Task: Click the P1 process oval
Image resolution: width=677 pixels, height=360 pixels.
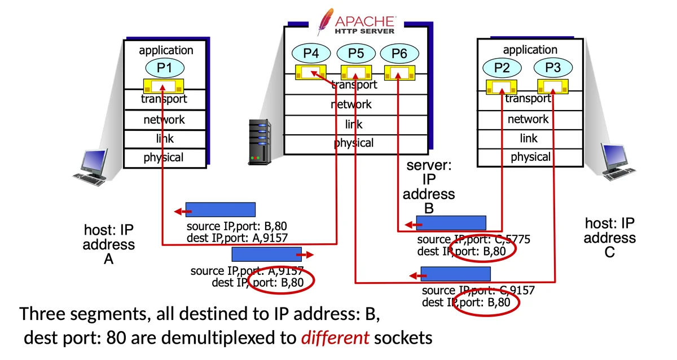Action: click(164, 68)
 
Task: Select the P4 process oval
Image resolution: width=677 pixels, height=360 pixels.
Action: click(311, 54)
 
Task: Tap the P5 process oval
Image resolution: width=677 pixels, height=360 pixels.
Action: click(356, 54)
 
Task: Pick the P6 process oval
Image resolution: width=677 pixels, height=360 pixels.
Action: click(399, 54)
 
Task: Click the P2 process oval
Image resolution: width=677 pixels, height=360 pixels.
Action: click(502, 68)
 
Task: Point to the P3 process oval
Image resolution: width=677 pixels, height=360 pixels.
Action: click(553, 68)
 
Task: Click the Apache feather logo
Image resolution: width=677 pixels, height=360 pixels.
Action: click(324, 21)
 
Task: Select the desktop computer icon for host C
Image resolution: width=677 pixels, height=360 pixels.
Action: click(616, 162)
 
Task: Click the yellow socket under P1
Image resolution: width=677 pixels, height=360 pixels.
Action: click(164, 87)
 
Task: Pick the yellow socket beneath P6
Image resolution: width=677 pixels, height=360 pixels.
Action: click(399, 73)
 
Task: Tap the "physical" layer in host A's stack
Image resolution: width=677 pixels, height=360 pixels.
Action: click(164, 157)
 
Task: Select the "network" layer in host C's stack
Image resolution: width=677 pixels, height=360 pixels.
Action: click(528, 119)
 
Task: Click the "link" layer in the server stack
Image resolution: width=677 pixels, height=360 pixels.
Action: click(354, 124)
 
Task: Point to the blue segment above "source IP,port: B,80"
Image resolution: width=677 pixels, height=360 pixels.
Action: click(221, 209)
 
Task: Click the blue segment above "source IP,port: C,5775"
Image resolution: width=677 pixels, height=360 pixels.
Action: click(451, 223)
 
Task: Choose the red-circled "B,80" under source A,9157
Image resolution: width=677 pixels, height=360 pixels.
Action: click(280, 282)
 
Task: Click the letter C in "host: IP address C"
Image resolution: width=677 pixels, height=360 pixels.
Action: click(609, 252)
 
